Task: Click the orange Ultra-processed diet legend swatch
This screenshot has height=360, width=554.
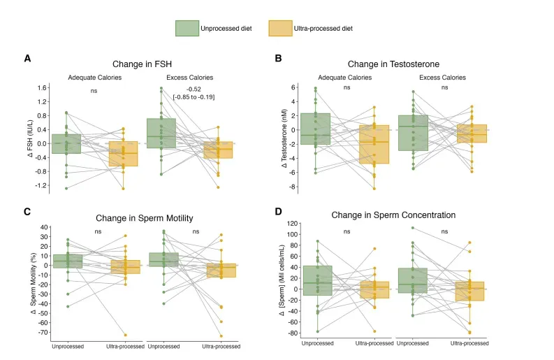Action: [279, 28]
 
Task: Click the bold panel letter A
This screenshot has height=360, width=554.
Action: [27, 59]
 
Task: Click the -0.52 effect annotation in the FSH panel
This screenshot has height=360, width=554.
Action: [194, 89]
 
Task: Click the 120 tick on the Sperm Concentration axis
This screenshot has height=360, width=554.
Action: [292, 224]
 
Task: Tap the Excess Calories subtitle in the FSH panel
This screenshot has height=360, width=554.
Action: [189, 77]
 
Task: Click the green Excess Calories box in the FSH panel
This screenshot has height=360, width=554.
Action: [161, 133]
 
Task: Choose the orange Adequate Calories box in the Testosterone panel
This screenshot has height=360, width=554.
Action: [374, 144]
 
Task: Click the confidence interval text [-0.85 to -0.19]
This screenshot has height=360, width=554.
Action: [194, 96]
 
